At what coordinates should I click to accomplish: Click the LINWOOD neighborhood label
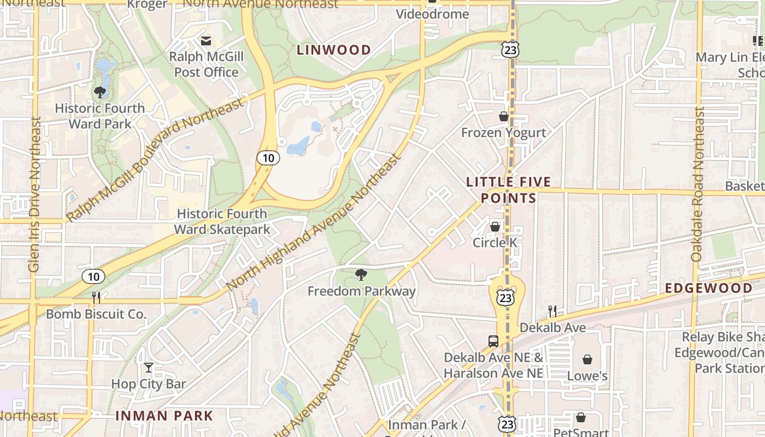tap(334, 50)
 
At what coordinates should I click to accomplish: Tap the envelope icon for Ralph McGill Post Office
tap(206, 41)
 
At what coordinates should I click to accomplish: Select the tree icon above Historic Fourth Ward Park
tap(100, 92)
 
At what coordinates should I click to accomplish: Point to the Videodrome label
tap(432, 14)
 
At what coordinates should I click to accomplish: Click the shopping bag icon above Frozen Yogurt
tap(504, 116)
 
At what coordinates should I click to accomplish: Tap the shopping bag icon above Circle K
tap(495, 226)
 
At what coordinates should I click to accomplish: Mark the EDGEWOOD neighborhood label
tap(709, 288)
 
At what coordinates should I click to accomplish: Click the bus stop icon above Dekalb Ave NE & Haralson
tap(493, 341)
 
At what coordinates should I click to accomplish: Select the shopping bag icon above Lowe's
tap(587, 359)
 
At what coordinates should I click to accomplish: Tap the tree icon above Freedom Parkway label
tap(361, 275)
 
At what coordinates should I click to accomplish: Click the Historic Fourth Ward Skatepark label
tap(222, 221)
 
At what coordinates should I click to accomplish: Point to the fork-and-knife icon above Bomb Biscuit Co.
tap(96, 297)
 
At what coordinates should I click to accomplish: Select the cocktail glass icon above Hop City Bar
tap(149, 368)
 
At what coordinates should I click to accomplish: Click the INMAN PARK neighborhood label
tap(164, 416)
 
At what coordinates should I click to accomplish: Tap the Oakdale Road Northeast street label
tap(698, 184)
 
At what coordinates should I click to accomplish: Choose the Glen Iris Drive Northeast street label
tap(34, 195)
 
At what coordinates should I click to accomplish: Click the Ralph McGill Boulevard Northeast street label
tap(154, 161)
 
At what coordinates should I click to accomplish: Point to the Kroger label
tap(147, 4)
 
